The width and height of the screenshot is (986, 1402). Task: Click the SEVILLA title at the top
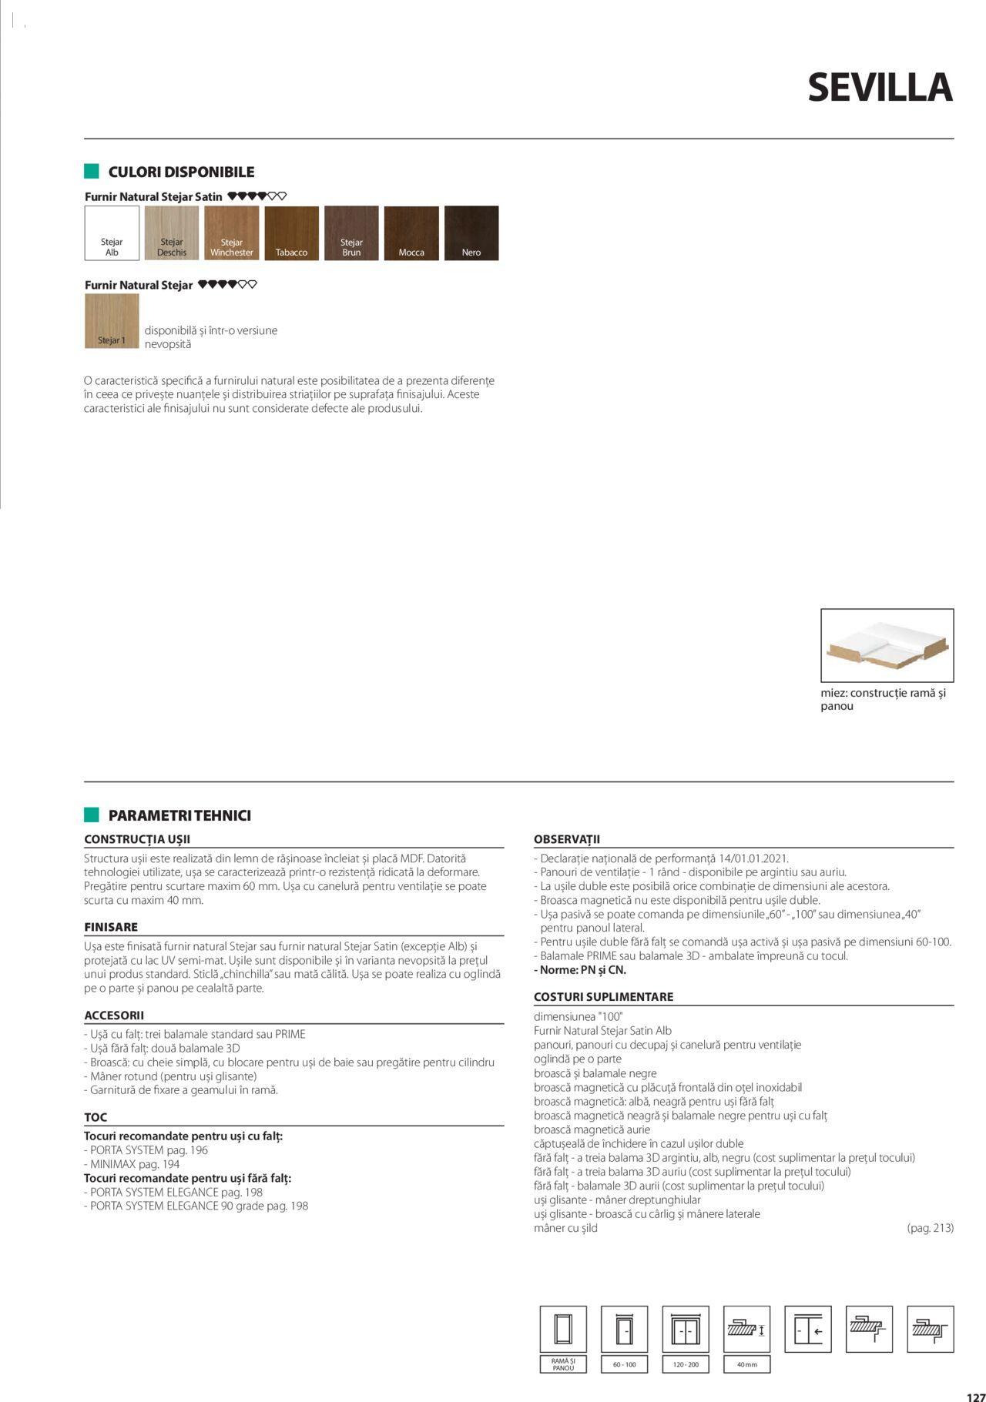click(x=880, y=88)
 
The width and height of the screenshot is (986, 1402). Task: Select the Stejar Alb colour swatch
click(x=112, y=233)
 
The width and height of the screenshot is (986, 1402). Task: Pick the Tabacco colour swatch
click(x=291, y=233)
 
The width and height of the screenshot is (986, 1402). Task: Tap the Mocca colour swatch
click(x=411, y=233)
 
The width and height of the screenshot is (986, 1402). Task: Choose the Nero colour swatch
click(x=471, y=233)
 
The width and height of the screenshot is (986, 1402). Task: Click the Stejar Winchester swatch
click(x=231, y=233)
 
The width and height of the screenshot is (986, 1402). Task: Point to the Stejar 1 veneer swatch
click(x=112, y=321)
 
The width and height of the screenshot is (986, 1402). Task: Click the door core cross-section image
click(x=887, y=645)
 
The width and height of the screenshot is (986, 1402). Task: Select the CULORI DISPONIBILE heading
click(x=181, y=172)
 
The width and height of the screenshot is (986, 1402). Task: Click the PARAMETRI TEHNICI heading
click(x=179, y=815)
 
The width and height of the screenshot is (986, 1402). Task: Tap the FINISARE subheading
click(x=111, y=927)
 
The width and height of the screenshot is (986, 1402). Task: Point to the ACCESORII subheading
click(x=114, y=1016)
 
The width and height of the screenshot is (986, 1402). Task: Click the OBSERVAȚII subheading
click(x=566, y=839)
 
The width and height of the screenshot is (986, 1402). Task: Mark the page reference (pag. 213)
click(x=930, y=1228)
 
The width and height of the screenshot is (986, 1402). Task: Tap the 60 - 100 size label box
click(x=624, y=1364)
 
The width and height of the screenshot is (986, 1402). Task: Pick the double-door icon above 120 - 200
click(x=686, y=1329)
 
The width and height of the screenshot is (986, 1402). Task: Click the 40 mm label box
click(x=746, y=1364)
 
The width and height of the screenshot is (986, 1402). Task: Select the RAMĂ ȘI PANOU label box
click(x=563, y=1364)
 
